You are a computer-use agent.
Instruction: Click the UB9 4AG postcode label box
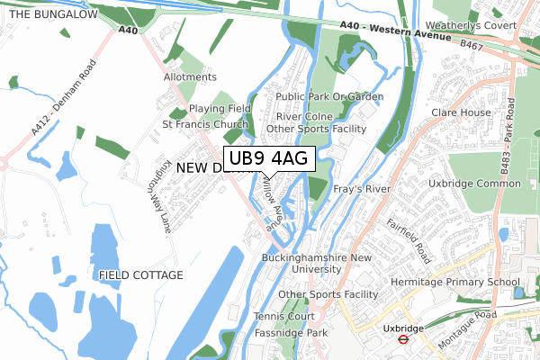[x=267, y=158]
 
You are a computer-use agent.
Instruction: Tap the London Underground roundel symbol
[x=404, y=341]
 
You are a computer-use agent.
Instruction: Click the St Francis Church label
[x=205, y=124]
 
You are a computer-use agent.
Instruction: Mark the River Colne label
[x=305, y=117]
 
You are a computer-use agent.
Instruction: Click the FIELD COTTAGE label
[x=141, y=274]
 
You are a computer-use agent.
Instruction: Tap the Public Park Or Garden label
[x=329, y=96]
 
